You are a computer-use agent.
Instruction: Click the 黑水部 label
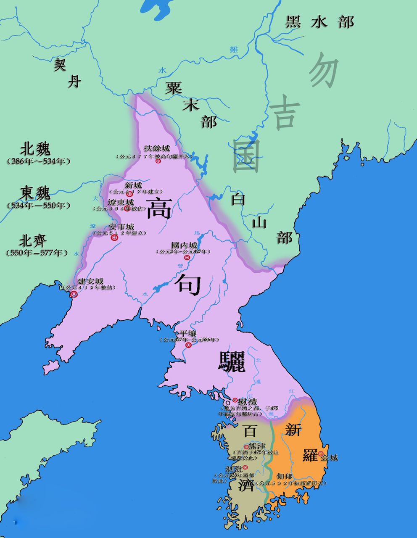coord(319,21)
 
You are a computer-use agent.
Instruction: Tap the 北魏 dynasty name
coord(35,149)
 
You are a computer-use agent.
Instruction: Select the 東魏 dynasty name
coord(35,193)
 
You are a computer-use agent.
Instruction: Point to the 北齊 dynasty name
coord(33,241)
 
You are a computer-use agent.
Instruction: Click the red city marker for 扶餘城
coord(158,161)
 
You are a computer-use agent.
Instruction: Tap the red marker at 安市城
coord(114,237)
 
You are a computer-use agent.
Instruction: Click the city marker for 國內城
coord(187,257)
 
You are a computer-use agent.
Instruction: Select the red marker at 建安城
coord(74,294)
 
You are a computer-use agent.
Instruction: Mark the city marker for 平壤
coord(189,345)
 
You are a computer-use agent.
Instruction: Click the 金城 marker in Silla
coord(321,454)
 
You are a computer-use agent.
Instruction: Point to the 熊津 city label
coord(256,446)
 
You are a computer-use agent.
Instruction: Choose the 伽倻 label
coord(285,477)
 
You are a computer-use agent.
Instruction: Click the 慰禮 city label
coord(247,401)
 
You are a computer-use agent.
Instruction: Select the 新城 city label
coord(133,185)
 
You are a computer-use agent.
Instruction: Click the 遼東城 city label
coord(120,202)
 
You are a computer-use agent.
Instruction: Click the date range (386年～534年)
coord(38,161)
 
